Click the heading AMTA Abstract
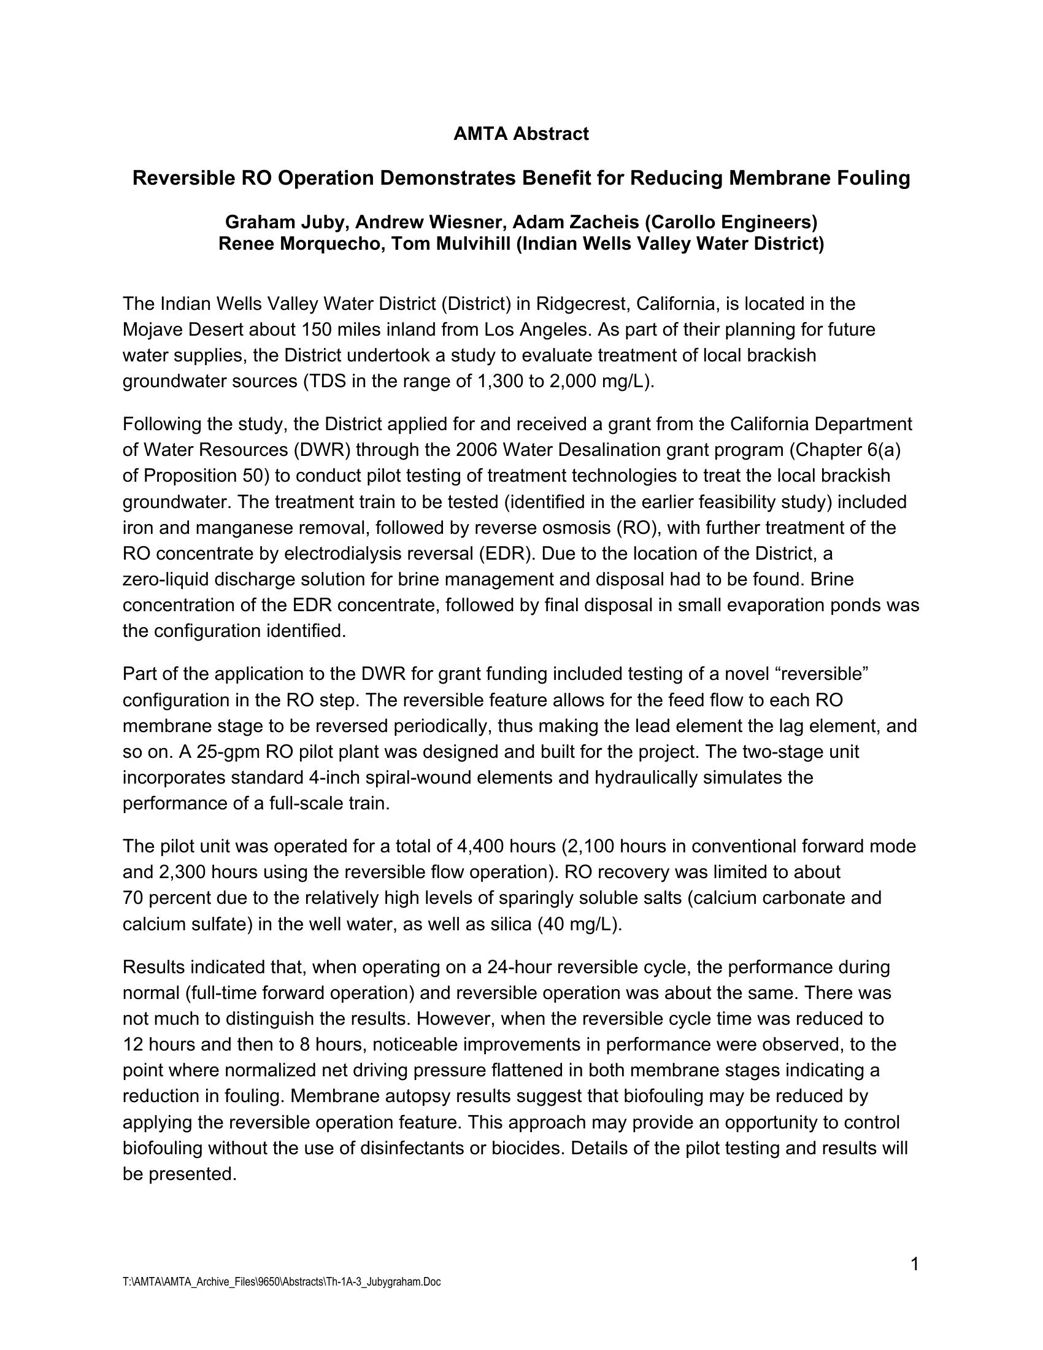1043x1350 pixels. [521, 134]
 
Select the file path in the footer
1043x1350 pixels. [282, 1282]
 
